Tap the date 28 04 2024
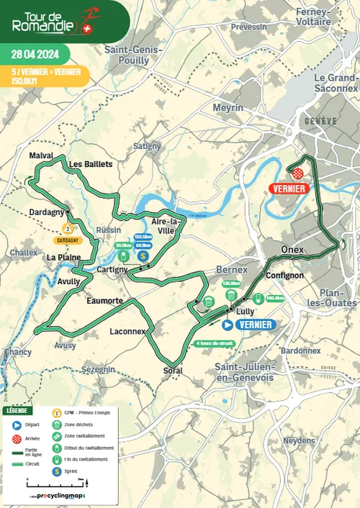tap(34, 53)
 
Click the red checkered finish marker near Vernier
tap(297, 173)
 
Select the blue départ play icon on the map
tap(226, 325)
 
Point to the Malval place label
tap(42, 155)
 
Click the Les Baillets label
tap(91, 164)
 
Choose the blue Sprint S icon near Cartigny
tap(143, 255)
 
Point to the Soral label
tap(173, 371)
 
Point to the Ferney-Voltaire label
tap(310, 17)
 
